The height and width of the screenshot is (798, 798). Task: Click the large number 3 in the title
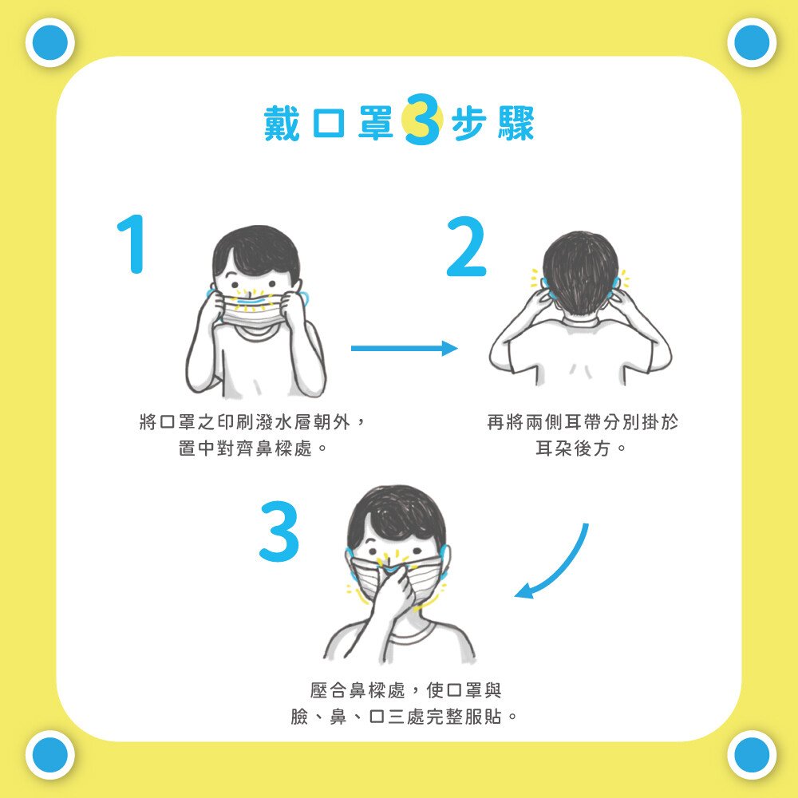423,120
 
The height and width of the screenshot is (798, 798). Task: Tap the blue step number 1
133,243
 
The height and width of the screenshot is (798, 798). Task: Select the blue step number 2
466,247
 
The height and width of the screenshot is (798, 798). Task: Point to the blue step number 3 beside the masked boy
279,531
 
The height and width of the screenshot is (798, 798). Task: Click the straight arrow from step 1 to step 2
404,348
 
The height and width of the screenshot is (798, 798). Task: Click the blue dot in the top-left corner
49,43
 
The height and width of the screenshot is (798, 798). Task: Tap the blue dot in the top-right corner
752,43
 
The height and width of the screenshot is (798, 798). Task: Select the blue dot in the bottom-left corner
49,755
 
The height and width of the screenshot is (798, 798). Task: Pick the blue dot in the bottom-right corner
752,755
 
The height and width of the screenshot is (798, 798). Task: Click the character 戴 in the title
282,123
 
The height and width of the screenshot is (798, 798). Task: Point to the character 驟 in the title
516,123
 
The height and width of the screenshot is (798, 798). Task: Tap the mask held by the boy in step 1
252,310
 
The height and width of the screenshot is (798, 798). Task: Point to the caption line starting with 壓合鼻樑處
405,690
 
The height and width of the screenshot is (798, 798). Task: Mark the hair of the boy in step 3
397,514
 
